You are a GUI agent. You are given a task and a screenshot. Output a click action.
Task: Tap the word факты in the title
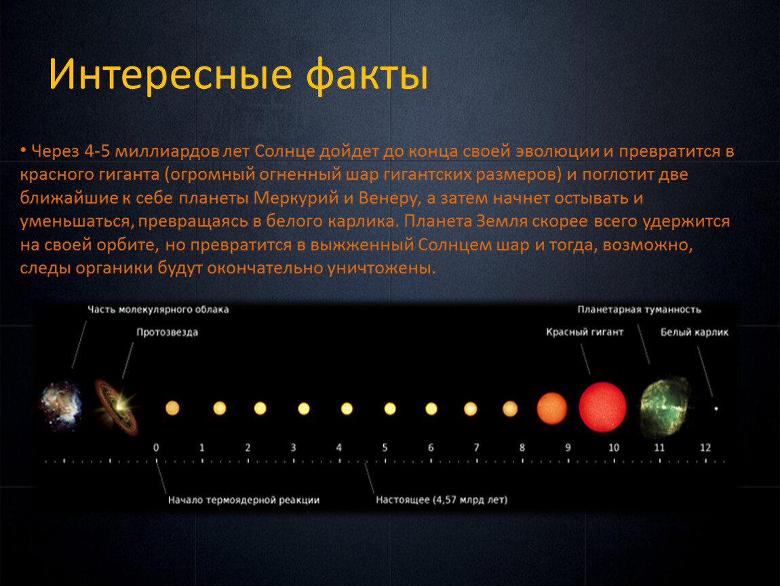tap(367, 75)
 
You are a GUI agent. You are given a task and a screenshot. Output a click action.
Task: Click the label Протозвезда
tap(167, 332)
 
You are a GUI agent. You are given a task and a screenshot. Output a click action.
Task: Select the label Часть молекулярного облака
tap(158, 309)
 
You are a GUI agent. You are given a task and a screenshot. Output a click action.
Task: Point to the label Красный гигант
tap(585, 332)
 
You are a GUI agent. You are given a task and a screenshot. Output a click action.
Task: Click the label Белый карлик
tap(694, 332)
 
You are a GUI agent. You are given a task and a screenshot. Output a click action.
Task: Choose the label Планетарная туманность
tap(639, 309)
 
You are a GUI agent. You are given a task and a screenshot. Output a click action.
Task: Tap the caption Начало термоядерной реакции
tap(243, 500)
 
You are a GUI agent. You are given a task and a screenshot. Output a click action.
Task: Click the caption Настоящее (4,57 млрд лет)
tap(442, 499)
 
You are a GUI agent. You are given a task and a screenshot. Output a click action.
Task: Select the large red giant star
tap(602, 406)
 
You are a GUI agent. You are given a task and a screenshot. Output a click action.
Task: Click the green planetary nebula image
tap(665, 406)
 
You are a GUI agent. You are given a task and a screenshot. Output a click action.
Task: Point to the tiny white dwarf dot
tap(716, 408)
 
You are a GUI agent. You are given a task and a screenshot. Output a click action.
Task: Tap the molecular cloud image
tap(60, 406)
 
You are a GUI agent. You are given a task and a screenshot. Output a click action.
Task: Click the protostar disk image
tap(117, 406)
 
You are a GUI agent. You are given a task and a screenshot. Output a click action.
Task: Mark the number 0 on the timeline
tap(156, 448)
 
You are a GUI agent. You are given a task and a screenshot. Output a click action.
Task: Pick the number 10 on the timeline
tap(614, 448)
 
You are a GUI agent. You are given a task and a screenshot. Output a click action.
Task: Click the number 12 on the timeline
tap(705, 448)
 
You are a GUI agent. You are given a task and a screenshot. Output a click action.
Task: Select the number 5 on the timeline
tap(385, 448)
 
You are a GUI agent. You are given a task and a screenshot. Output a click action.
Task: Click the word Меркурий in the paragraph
tap(296, 198)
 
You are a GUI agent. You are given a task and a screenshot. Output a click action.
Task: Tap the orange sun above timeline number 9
tap(551, 408)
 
